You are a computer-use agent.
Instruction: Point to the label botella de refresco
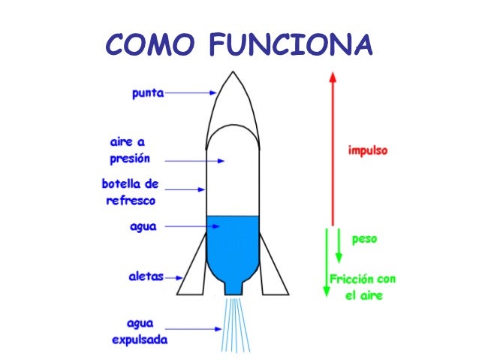coord(130,192)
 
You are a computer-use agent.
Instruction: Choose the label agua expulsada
coord(140,331)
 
